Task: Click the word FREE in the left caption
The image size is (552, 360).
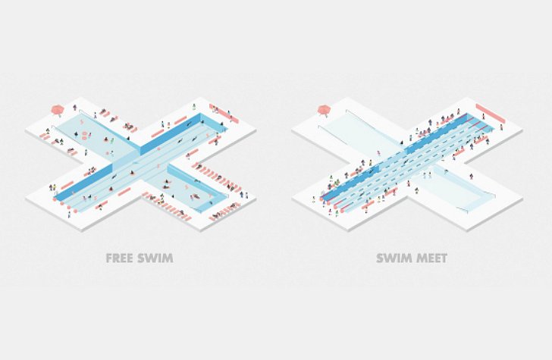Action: (x=119, y=258)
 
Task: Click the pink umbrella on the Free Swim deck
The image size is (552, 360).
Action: (x=57, y=110)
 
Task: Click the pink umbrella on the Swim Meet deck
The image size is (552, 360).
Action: (x=325, y=109)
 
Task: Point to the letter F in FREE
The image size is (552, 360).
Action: (x=109, y=258)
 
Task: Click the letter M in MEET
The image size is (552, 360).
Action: (x=418, y=258)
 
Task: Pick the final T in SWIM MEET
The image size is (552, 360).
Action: (x=444, y=258)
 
